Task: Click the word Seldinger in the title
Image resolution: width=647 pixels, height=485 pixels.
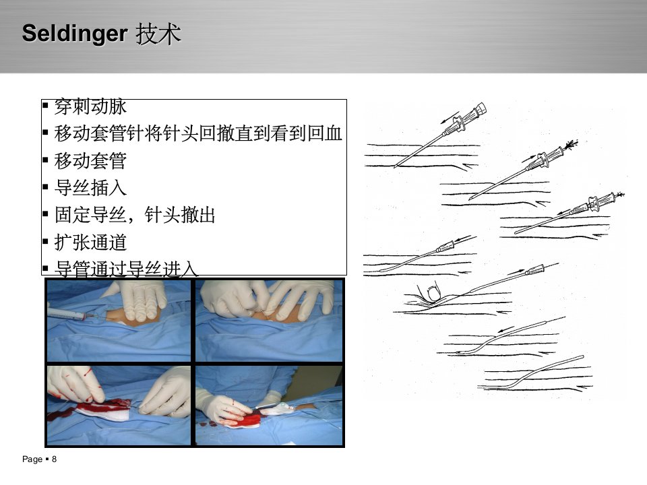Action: [74, 34]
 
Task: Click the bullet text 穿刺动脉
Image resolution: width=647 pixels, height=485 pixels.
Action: [90, 107]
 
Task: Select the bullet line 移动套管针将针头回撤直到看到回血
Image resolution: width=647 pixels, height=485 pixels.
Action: [198, 133]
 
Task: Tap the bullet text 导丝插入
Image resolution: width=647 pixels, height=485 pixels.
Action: [90, 188]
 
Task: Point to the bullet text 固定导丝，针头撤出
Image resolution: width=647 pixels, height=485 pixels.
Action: [135, 215]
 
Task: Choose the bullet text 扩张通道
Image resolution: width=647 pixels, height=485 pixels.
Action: [90, 242]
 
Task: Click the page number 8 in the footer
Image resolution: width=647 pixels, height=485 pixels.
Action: [54, 459]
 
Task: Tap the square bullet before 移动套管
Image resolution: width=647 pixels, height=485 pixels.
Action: [45, 160]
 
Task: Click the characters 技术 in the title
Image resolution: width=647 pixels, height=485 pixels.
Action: [158, 34]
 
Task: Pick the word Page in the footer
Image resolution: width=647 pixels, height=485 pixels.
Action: [32, 459]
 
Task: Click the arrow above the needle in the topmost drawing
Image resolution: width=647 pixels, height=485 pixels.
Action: [450, 117]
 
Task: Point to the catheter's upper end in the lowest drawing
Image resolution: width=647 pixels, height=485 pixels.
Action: [582, 357]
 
